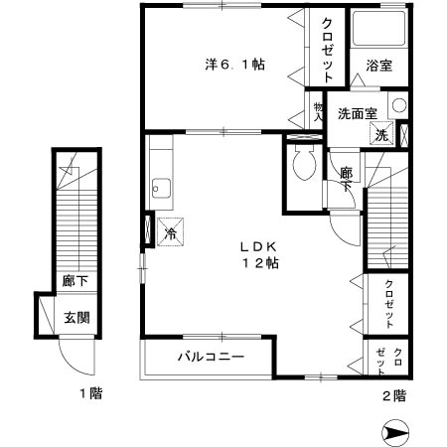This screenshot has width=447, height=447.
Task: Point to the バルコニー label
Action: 212,356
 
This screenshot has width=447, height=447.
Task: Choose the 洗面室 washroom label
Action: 356,112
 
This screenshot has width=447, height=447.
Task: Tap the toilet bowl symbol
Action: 304,161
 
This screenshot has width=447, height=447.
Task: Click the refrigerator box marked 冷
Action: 170,233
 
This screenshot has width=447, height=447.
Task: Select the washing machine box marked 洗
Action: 380,134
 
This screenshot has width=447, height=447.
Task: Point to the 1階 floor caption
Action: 90,394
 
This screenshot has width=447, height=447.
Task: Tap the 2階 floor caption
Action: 392,394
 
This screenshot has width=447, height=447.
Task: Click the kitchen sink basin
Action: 159,186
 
